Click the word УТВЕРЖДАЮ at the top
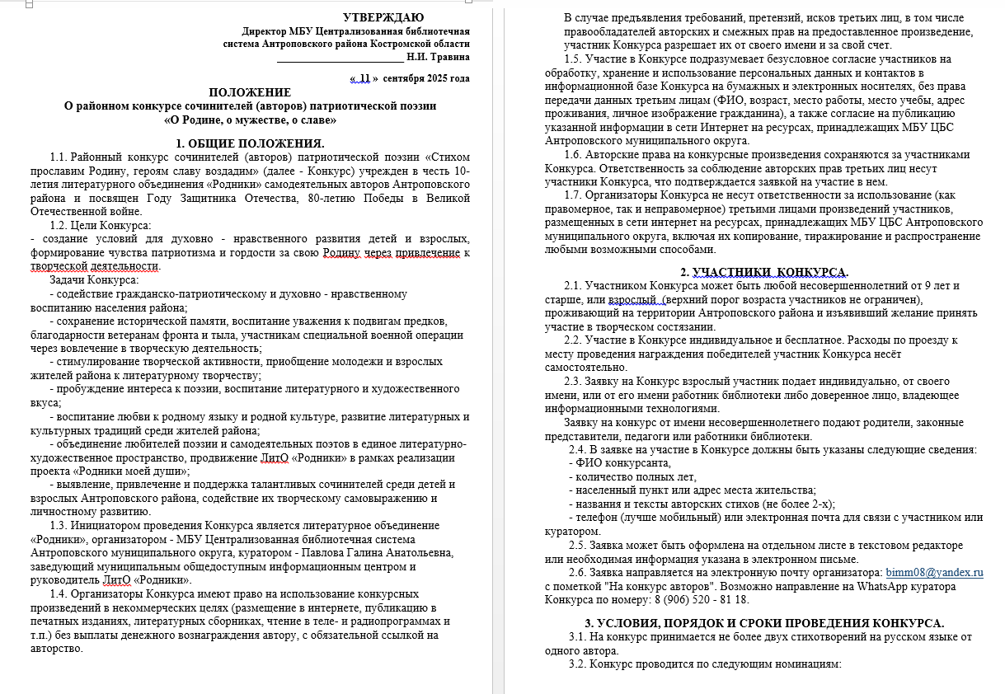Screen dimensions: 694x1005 click(383, 17)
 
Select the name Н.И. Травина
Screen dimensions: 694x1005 click(439, 57)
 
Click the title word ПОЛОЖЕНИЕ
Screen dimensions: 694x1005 click(250, 92)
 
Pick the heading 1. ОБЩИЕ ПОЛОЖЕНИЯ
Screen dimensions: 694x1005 click(250, 143)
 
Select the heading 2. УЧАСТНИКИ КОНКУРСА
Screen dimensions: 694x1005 click(763, 272)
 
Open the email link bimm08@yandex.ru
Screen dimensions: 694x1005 click(934, 572)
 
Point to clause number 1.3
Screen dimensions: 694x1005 click(59, 525)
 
